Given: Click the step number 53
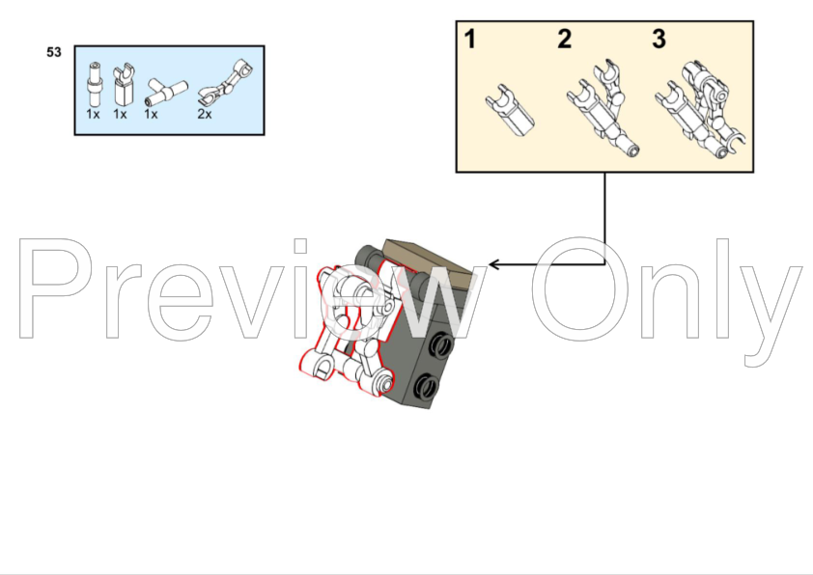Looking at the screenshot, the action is [54, 52].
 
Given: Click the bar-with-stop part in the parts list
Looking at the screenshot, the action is [95, 85].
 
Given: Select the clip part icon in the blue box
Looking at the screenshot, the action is [124, 85].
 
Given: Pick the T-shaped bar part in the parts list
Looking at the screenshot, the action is [165, 93].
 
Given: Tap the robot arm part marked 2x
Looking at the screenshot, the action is [226, 82].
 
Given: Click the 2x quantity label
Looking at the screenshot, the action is [205, 115].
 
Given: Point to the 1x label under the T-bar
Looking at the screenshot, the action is [151, 115].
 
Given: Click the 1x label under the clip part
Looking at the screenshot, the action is [120, 115].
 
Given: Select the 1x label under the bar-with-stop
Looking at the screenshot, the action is [93, 115].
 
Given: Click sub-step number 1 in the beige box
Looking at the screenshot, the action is [470, 39].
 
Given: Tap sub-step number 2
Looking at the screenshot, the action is [565, 39].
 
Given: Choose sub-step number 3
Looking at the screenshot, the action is [659, 39].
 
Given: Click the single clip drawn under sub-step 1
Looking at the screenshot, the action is [510, 110].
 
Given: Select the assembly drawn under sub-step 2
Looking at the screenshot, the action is [602, 110].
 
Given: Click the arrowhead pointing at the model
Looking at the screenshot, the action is [494, 264].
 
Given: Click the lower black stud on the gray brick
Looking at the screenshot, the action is [427, 386].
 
